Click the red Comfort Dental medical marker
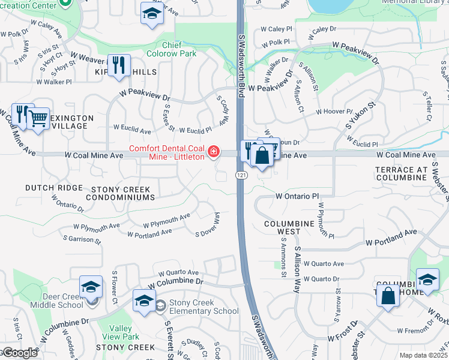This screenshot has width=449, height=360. coord(213,152)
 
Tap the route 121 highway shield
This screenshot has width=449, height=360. coord(240,175)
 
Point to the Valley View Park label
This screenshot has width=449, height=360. coord(121,332)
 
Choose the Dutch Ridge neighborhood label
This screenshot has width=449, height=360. coord(53,188)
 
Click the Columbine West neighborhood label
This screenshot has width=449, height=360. coord(289,227)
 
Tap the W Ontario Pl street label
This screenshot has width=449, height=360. coord(297,196)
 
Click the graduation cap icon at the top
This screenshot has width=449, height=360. coord(152,13)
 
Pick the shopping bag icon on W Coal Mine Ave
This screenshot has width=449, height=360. coord(262,156)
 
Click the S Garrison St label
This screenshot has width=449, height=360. coord(81,239)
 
